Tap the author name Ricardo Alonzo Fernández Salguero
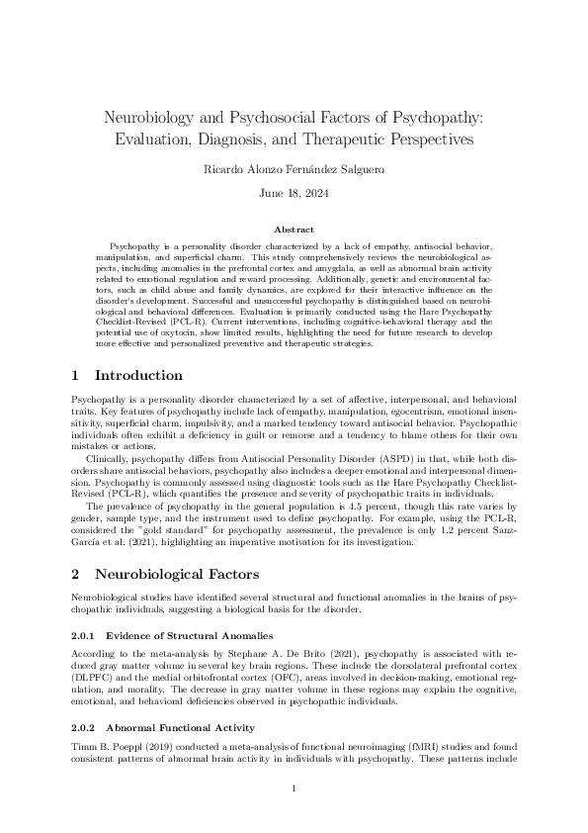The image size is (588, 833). pyautogui.click(x=294, y=169)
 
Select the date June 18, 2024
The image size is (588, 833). pyautogui.click(x=294, y=193)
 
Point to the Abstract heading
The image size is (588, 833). pyautogui.click(x=294, y=229)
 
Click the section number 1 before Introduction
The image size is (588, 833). pyautogui.click(x=77, y=376)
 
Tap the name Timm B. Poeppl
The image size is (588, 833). pyautogui.click(x=107, y=744)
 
